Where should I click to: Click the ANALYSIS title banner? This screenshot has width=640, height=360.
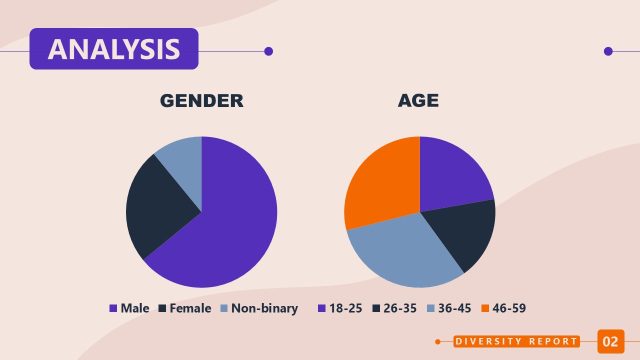tap(113, 49)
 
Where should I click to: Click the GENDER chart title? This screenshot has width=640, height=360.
tap(202, 101)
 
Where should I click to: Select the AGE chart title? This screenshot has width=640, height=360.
tap(418, 101)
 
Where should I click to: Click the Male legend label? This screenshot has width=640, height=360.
tap(135, 308)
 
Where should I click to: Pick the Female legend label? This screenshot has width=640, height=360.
tap(190, 308)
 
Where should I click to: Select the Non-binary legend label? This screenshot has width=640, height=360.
tap(264, 308)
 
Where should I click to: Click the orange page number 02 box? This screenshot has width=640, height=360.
tap(610, 341)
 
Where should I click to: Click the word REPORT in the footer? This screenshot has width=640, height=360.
tap(558, 342)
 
